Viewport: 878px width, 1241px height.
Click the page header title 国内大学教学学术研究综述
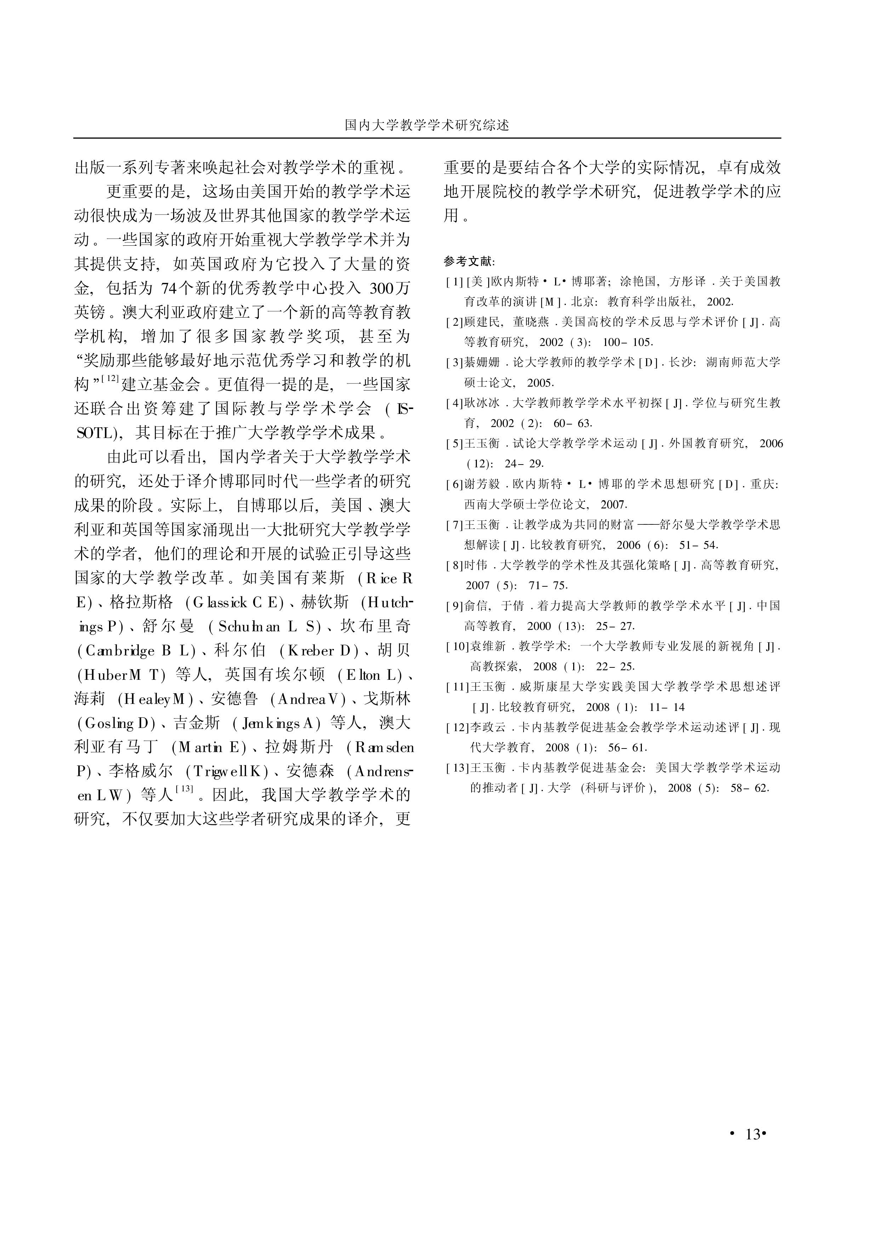[x=427, y=125]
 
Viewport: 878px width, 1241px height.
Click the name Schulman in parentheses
[x=249, y=627]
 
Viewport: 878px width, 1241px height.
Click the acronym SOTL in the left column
[x=94, y=433]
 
